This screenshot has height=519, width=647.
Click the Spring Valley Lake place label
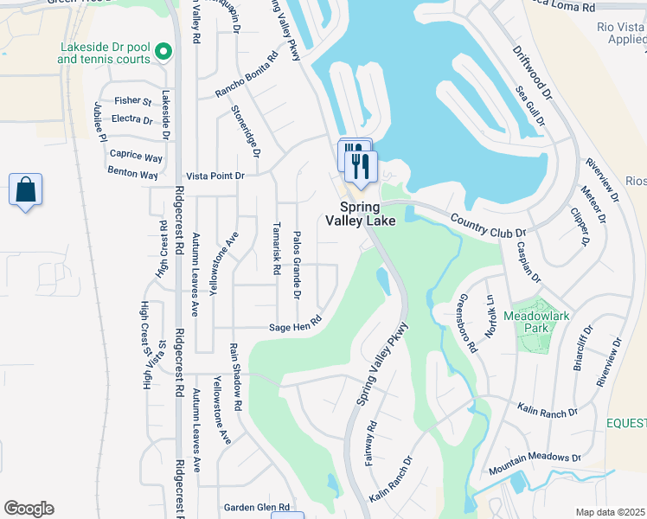(x=361, y=214)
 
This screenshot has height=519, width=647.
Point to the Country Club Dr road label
(x=488, y=227)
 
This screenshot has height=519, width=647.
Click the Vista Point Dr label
(x=216, y=176)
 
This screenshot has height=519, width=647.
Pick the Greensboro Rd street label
(x=466, y=324)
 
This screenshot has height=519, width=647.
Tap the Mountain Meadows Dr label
(x=535, y=463)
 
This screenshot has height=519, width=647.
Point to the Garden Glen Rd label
(x=256, y=508)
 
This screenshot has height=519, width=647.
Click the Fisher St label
(x=132, y=102)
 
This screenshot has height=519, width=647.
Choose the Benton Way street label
(x=132, y=174)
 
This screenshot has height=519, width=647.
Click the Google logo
(x=29, y=509)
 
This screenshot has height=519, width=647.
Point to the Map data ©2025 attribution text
(x=611, y=512)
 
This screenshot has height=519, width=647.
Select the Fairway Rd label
(x=370, y=442)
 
